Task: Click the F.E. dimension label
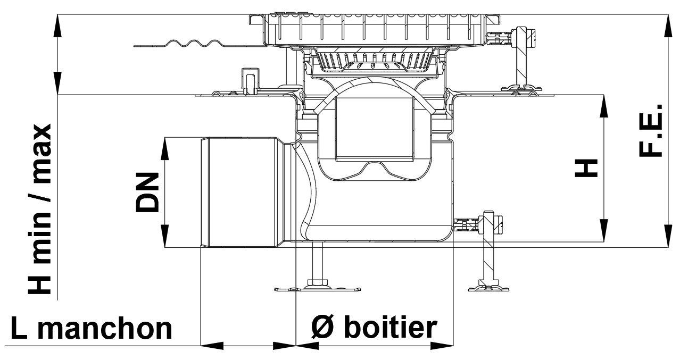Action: pos(650,131)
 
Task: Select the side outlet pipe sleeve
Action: pos(243,192)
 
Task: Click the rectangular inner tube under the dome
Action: pos(375,129)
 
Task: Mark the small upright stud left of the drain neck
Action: pos(248,80)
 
